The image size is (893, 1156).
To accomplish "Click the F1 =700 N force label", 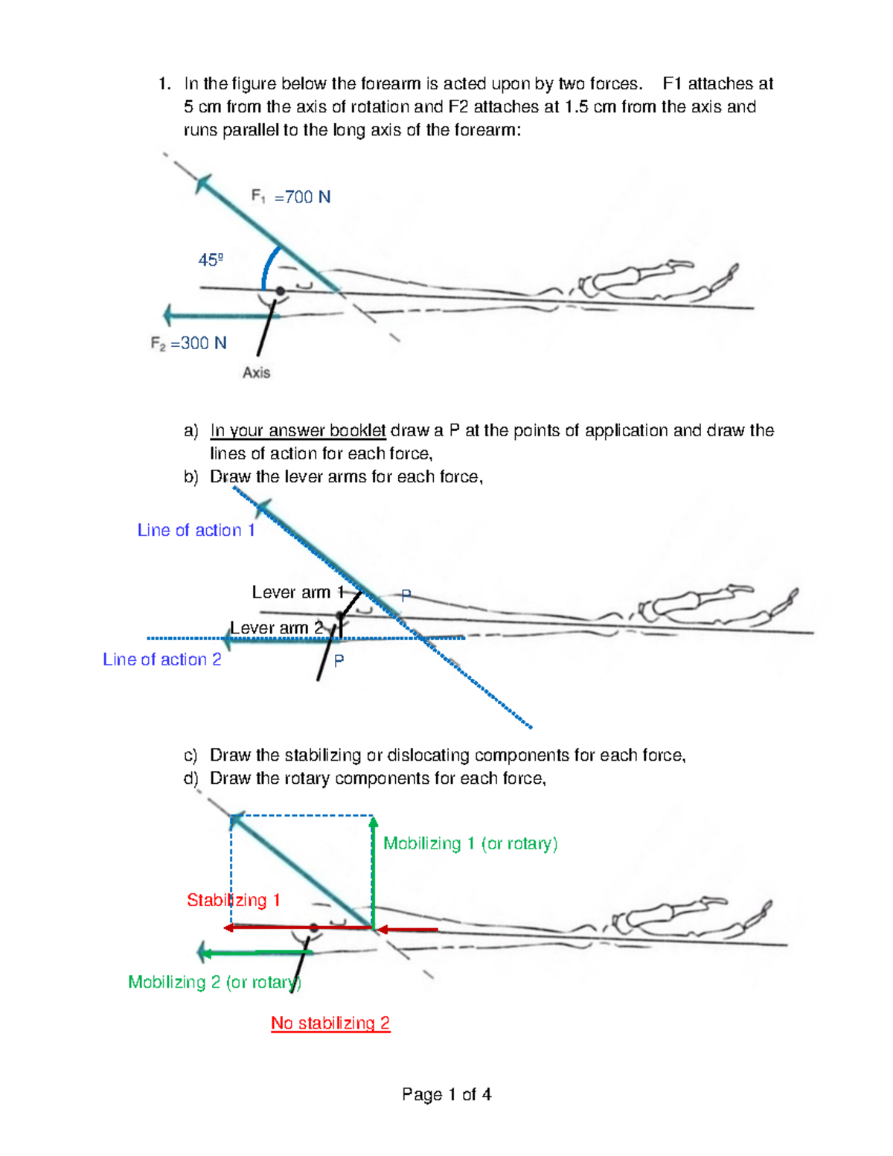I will pyautogui.click(x=291, y=197).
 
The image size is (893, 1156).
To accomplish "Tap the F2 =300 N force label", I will pyautogui.click(x=188, y=343).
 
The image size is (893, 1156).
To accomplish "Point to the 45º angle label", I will pyautogui.click(x=211, y=260).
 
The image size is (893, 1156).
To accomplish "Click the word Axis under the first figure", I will pyautogui.click(x=256, y=372).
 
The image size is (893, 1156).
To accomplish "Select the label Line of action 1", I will pyautogui.click(x=196, y=530).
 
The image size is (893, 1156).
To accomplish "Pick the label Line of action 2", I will pyautogui.click(x=162, y=660).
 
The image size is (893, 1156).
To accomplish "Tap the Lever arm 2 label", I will pyautogui.click(x=276, y=628).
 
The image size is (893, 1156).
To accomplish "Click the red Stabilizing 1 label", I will pyautogui.click(x=233, y=900).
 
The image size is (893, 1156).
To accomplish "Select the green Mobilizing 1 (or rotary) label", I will pyautogui.click(x=470, y=843).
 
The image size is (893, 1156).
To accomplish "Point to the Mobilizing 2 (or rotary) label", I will pyautogui.click(x=214, y=982).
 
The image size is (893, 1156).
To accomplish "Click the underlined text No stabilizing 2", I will pyautogui.click(x=330, y=1023).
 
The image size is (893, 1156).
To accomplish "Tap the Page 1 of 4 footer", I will pyautogui.click(x=446, y=1094).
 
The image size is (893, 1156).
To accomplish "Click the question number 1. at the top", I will pyautogui.click(x=164, y=83).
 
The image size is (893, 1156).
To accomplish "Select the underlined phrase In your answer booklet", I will pyautogui.click(x=298, y=430).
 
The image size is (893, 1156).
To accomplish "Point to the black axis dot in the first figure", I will pyautogui.click(x=280, y=292).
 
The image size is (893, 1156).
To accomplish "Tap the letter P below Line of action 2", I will pyautogui.click(x=339, y=661).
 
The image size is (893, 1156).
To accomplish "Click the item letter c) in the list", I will pyautogui.click(x=191, y=756).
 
